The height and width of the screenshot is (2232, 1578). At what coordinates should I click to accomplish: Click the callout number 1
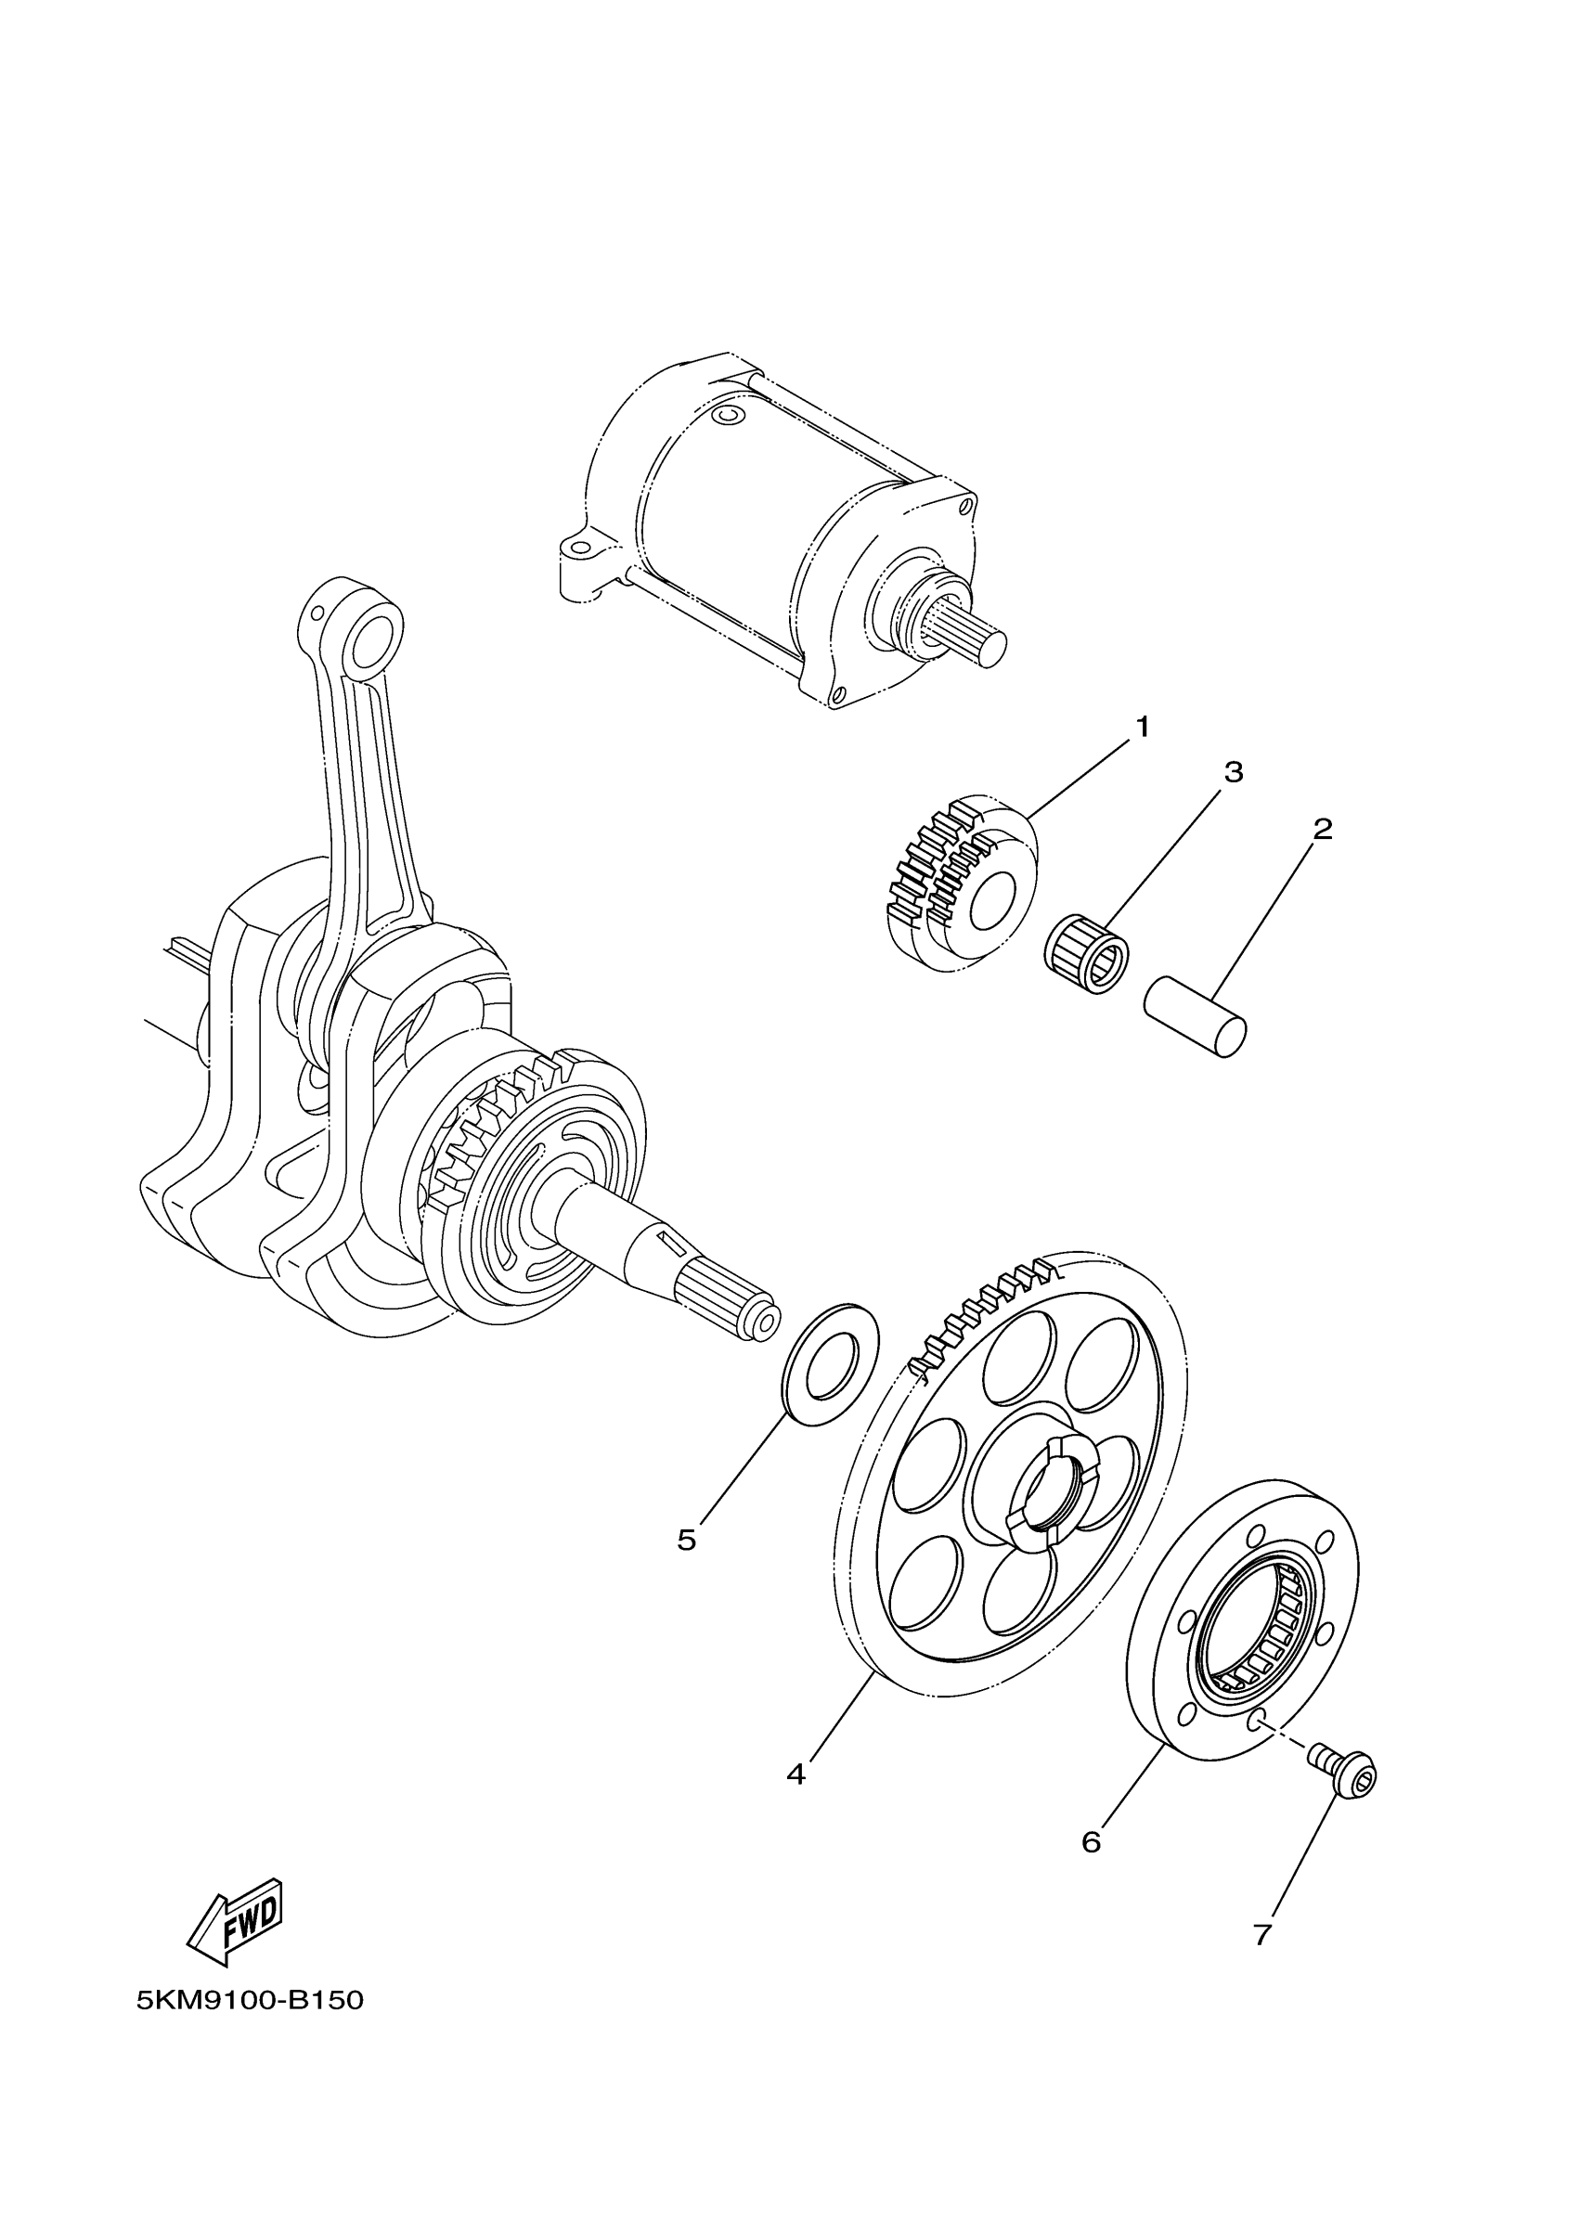1143,726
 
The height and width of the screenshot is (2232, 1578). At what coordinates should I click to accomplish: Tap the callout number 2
1323,828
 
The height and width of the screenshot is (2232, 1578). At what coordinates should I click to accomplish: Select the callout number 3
1233,772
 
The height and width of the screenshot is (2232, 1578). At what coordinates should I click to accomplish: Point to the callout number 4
795,1774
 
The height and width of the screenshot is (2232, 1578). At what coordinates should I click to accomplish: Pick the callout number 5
686,1540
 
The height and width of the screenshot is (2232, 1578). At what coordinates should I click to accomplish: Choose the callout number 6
1091,1841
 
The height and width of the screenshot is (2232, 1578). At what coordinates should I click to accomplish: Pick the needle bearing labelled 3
1087,954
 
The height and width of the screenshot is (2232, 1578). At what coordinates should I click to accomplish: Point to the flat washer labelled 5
832,1365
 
